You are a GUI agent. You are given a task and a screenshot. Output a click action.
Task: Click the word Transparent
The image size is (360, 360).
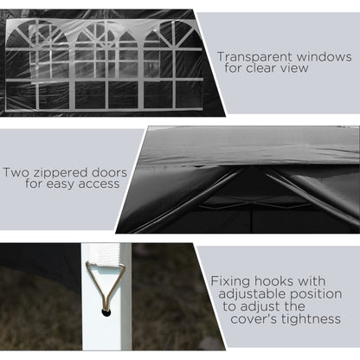[x=255, y=57]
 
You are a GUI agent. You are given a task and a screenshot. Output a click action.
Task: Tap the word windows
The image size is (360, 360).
[x=325, y=56]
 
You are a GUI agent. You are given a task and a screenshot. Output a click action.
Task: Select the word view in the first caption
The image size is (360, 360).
[x=295, y=68]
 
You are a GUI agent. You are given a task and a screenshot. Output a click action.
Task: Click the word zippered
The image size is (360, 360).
[x=62, y=174]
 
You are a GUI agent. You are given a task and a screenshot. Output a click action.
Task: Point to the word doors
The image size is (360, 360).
[x=110, y=172]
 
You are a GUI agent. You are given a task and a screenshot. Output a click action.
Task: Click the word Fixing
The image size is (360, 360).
[x=231, y=281]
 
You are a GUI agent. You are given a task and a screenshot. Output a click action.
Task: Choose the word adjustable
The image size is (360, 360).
[x=252, y=294]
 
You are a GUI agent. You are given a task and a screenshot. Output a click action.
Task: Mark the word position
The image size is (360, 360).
[x=316, y=294]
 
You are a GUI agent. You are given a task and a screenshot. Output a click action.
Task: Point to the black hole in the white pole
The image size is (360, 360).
[x=106, y=312]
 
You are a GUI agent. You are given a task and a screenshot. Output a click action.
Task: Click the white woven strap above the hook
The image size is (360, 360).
[x=105, y=254]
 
